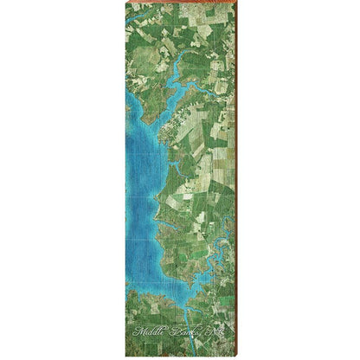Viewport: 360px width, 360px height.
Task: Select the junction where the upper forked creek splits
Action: (x=180, y=83)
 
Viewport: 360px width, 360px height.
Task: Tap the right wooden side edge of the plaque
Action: (x=235, y=173)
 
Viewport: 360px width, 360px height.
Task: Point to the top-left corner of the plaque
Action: (x=125, y=3)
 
